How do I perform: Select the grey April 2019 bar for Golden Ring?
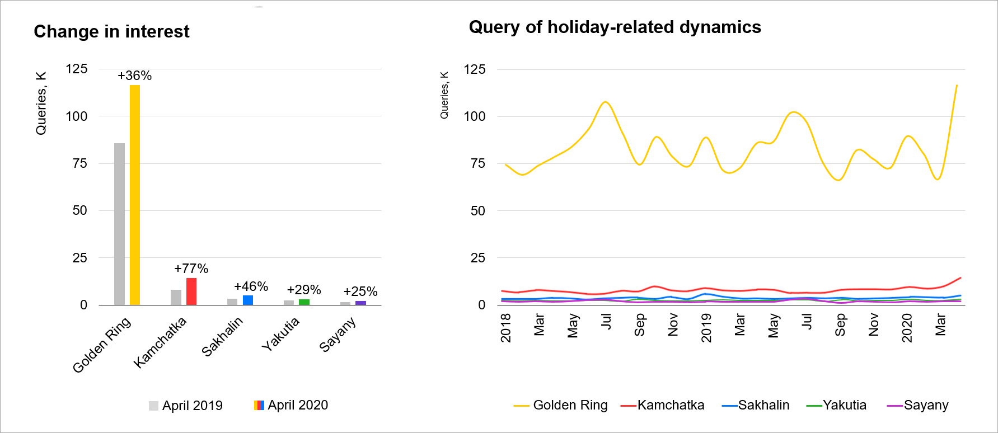click(119, 224)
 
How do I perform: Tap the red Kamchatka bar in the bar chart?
click(191, 291)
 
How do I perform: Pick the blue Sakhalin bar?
click(248, 300)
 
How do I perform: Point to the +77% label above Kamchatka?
click(191, 269)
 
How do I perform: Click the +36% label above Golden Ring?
click(134, 76)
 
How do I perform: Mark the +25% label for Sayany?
click(360, 291)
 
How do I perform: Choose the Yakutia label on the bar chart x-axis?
click(281, 334)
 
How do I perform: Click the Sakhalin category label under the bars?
click(222, 336)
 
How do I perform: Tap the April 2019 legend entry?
click(186, 406)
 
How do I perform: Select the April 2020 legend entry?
click(291, 405)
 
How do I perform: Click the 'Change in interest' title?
click(111, 31)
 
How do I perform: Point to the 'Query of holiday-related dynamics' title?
click(615, 27)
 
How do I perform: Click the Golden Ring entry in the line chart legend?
click(561, 405)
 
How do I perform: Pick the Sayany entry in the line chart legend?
click(918, 405)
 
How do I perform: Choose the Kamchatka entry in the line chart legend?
click(663, 405)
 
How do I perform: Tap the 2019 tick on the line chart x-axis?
click(706, 327)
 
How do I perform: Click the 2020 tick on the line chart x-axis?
click(907, 327)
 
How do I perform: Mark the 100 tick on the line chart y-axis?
click(475, 116)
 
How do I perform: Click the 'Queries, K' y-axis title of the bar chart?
click(41, 103)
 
